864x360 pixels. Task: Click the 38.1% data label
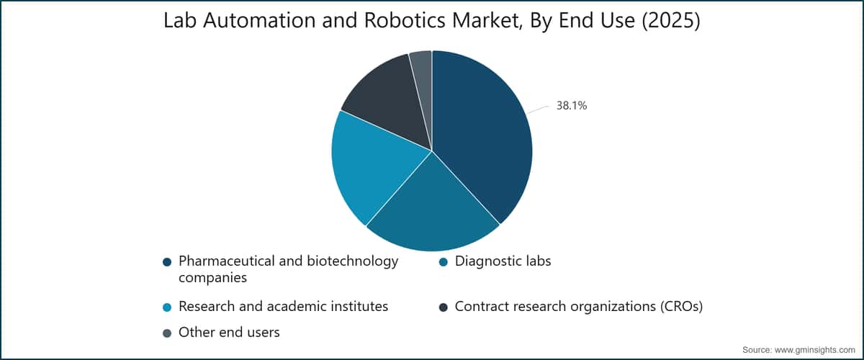[571, 105]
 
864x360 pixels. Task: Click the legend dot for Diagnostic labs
[444, 262]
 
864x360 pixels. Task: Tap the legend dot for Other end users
[167, 333]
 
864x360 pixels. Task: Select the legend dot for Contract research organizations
[444, 307]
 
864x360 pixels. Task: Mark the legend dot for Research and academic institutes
[167, 307]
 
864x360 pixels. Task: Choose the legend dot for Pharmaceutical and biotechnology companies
[167, 262]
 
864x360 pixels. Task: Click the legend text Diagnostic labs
[503, 261]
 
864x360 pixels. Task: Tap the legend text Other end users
[229, 332]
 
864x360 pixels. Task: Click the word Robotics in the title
[405, 20]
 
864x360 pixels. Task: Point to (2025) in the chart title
[671, 21]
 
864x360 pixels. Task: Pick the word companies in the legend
[212, 278]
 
